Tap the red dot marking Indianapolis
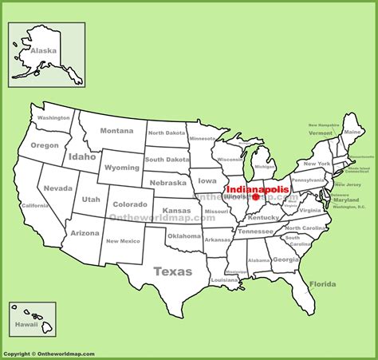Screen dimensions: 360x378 tap(255, 197)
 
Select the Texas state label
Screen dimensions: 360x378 tap(172, 271)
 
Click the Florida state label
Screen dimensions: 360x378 tap(322, 283)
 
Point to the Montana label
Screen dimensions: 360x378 tap(116, 131)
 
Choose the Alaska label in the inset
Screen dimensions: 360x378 tap(43, 50)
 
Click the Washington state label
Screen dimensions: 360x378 tap(53, 117)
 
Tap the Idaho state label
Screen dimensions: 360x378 tap(82, 156)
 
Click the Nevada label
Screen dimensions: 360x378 tap(57, 188)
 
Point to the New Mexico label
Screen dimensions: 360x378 tap(124, 241)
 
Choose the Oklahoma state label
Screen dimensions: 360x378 tap(184, 235)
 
